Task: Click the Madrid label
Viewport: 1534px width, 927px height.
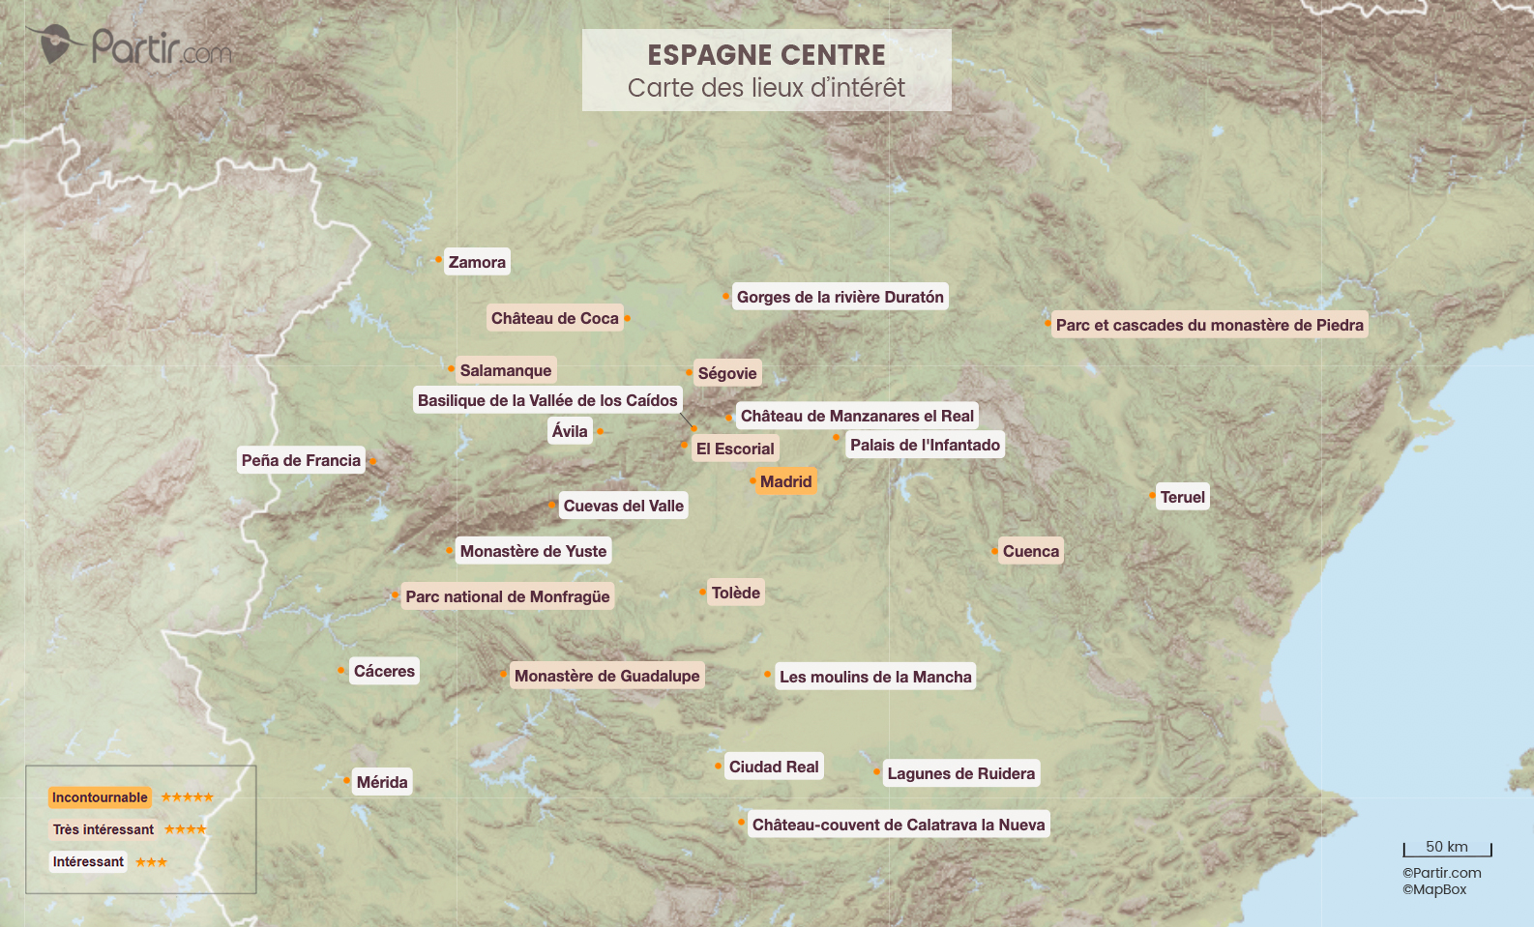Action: [785, 481]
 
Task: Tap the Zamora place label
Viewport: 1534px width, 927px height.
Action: [477, 262]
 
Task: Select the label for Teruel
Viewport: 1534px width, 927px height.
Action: [1182, 497]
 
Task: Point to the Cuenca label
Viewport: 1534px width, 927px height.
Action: [1030, 551]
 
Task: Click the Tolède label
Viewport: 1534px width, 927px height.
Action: [735, 593]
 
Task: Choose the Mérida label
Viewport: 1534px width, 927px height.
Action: [382, 782]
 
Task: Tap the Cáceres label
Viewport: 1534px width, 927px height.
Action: [384, 671]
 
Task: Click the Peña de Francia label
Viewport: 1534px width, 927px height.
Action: [301, 460]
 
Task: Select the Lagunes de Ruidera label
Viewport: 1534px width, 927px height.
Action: [960, 773]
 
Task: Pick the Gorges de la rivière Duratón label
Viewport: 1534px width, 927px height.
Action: [840, 297]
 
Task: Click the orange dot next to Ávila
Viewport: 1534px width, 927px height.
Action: [600, 431]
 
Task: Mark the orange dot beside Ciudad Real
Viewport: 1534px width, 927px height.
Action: [718, 767]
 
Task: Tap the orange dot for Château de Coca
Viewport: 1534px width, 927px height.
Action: [627, 318]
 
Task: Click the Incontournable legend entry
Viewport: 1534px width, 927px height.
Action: [100, 797]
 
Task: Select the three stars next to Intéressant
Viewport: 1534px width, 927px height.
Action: [151, 862]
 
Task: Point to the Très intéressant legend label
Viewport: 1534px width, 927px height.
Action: [103, 829]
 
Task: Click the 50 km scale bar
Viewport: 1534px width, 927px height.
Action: [1447, 850]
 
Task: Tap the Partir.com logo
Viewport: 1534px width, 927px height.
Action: [131, 45]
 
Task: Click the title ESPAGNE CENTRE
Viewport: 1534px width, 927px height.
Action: [766, 55]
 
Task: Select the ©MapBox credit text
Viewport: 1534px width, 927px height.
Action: [1434, 889]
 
